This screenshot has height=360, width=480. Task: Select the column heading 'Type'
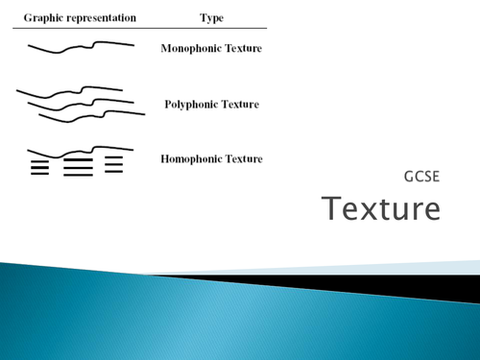[210, 18]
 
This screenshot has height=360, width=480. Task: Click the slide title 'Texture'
[381, 207]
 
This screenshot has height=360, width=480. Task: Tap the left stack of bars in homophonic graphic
[39, 168]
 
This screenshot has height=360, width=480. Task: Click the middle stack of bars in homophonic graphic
[78, 168]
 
